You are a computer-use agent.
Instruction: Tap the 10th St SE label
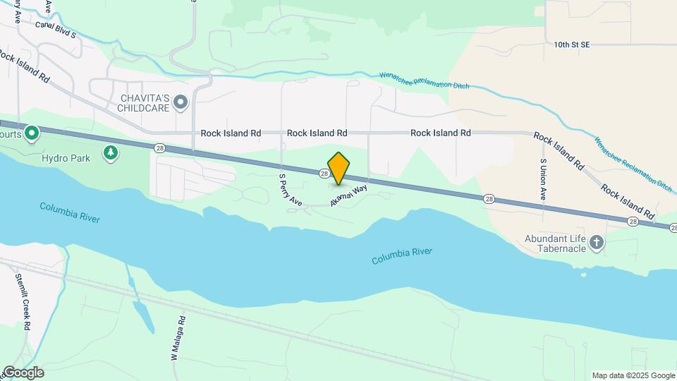pos(571,44)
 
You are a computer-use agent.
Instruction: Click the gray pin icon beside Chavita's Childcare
pos(181,103)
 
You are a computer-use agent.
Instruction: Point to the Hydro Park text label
pos(66,158)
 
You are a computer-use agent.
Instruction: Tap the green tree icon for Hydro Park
pos(110,152)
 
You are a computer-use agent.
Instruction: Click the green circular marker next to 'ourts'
pos(31,133)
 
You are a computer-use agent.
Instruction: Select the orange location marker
pos(339,169)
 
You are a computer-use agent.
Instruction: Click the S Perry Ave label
pos(291,190)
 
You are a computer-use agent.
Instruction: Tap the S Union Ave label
pos(543,180)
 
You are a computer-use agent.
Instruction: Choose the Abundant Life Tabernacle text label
pos(555,244)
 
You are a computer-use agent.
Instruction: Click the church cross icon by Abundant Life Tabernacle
pos(597,243)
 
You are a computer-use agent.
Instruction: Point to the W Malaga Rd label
pos(177,339)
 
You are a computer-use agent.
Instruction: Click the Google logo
pos(23,373)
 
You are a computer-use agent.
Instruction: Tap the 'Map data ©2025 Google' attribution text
pos(633,375)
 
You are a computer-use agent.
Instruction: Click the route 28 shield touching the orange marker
pos(324,173)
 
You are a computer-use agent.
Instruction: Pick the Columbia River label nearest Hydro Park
pos(70,212)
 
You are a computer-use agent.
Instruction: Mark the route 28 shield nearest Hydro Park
pos(160,147)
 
